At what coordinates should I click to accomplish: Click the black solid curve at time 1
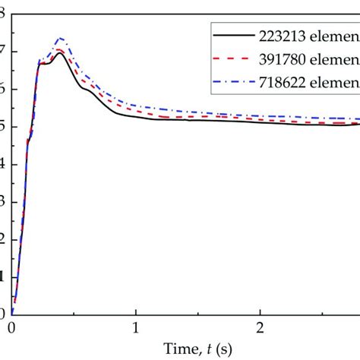click(136, 116)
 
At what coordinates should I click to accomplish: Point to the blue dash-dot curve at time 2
click(261, 115)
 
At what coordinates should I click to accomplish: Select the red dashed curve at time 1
click(136, 112)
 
